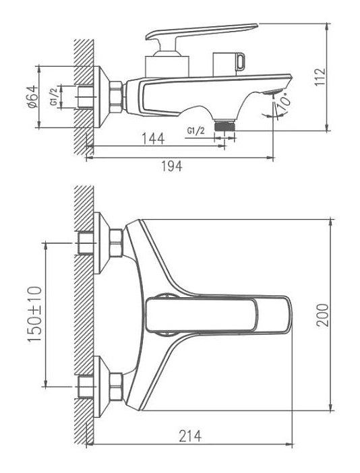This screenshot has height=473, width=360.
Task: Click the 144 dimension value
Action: coord(153,138)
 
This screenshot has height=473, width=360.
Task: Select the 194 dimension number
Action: coord(171,166)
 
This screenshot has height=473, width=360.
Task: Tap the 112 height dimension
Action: coord(320,77)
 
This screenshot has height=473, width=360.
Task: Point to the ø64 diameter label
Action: coord(32,96)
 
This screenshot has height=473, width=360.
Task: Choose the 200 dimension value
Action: coord(322,315)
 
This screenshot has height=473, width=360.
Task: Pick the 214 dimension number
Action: coord(190,436)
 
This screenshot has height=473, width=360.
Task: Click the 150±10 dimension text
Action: coord(34,314)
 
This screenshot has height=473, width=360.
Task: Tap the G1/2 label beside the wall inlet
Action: coord(53,97)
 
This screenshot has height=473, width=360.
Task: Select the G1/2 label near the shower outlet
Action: coord(196,131)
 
